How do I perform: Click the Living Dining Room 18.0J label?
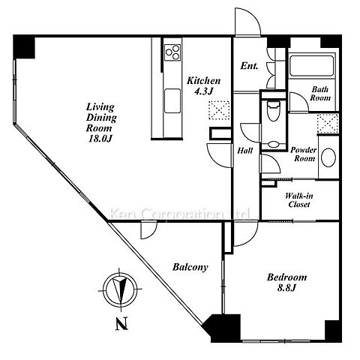[101, 122]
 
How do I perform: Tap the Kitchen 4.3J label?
[203, 85]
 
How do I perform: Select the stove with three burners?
[172, 52]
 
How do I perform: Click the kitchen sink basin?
[172, 100]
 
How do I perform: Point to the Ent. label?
[249, 66]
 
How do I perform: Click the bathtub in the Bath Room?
[311, 66]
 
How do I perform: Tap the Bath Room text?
[320, 94]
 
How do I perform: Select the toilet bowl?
[273, 111]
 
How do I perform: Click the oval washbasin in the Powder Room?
[328, 157]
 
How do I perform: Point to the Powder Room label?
[304, 154]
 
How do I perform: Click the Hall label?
[244, 151]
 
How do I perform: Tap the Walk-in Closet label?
[299, 200]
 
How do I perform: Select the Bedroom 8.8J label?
[286, 283]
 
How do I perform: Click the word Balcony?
[190, 267]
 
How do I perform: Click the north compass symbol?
[120, 289]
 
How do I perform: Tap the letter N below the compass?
[121, 324]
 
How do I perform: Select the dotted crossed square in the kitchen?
[219, 110]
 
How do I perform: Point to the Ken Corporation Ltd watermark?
[180, 214]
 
